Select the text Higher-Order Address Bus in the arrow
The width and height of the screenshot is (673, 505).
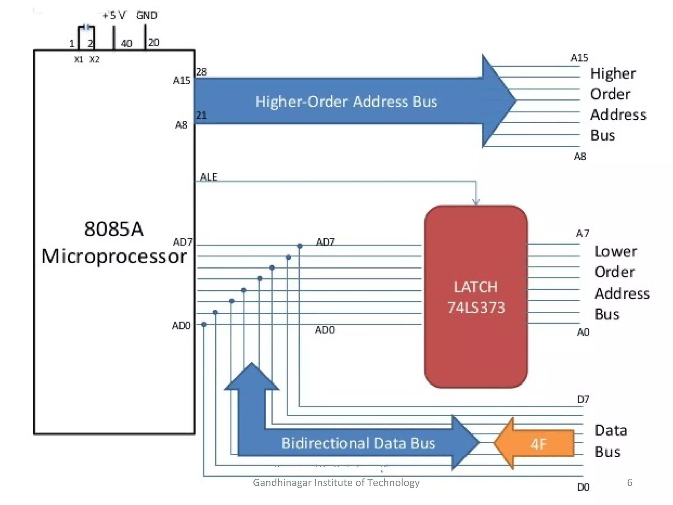click(x=346, y=102)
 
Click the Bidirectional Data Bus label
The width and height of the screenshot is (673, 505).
click(x=358, y=443)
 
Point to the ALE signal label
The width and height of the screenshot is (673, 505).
click(x=209, y=177)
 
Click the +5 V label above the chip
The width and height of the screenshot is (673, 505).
click(x=114, y=15)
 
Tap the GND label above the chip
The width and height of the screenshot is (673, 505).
click(x=147, y=15)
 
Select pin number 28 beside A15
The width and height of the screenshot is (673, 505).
click(x=201, y=72)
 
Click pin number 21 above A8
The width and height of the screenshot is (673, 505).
click(x=201, y=115)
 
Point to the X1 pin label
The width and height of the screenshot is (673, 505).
click(x=79, y=60)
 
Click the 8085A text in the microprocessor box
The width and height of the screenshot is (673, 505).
click(x=114, y=229)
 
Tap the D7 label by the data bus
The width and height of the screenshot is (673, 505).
click(x=583, y=399)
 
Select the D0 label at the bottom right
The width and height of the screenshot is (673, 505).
click(x=583, y=487)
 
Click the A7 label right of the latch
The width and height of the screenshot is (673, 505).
click(x=583, y=233)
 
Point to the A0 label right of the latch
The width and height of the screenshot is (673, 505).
click(x=583, y=332)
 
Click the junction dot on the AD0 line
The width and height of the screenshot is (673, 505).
click(x=204, y=325)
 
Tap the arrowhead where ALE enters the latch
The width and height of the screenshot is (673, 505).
click(x=476, y=201)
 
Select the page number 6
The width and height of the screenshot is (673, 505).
click(x=630, y=482)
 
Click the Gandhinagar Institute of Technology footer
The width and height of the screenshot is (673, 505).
click(x=336, y=482)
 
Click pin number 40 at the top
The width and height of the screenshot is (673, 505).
click(x=127, y=43)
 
